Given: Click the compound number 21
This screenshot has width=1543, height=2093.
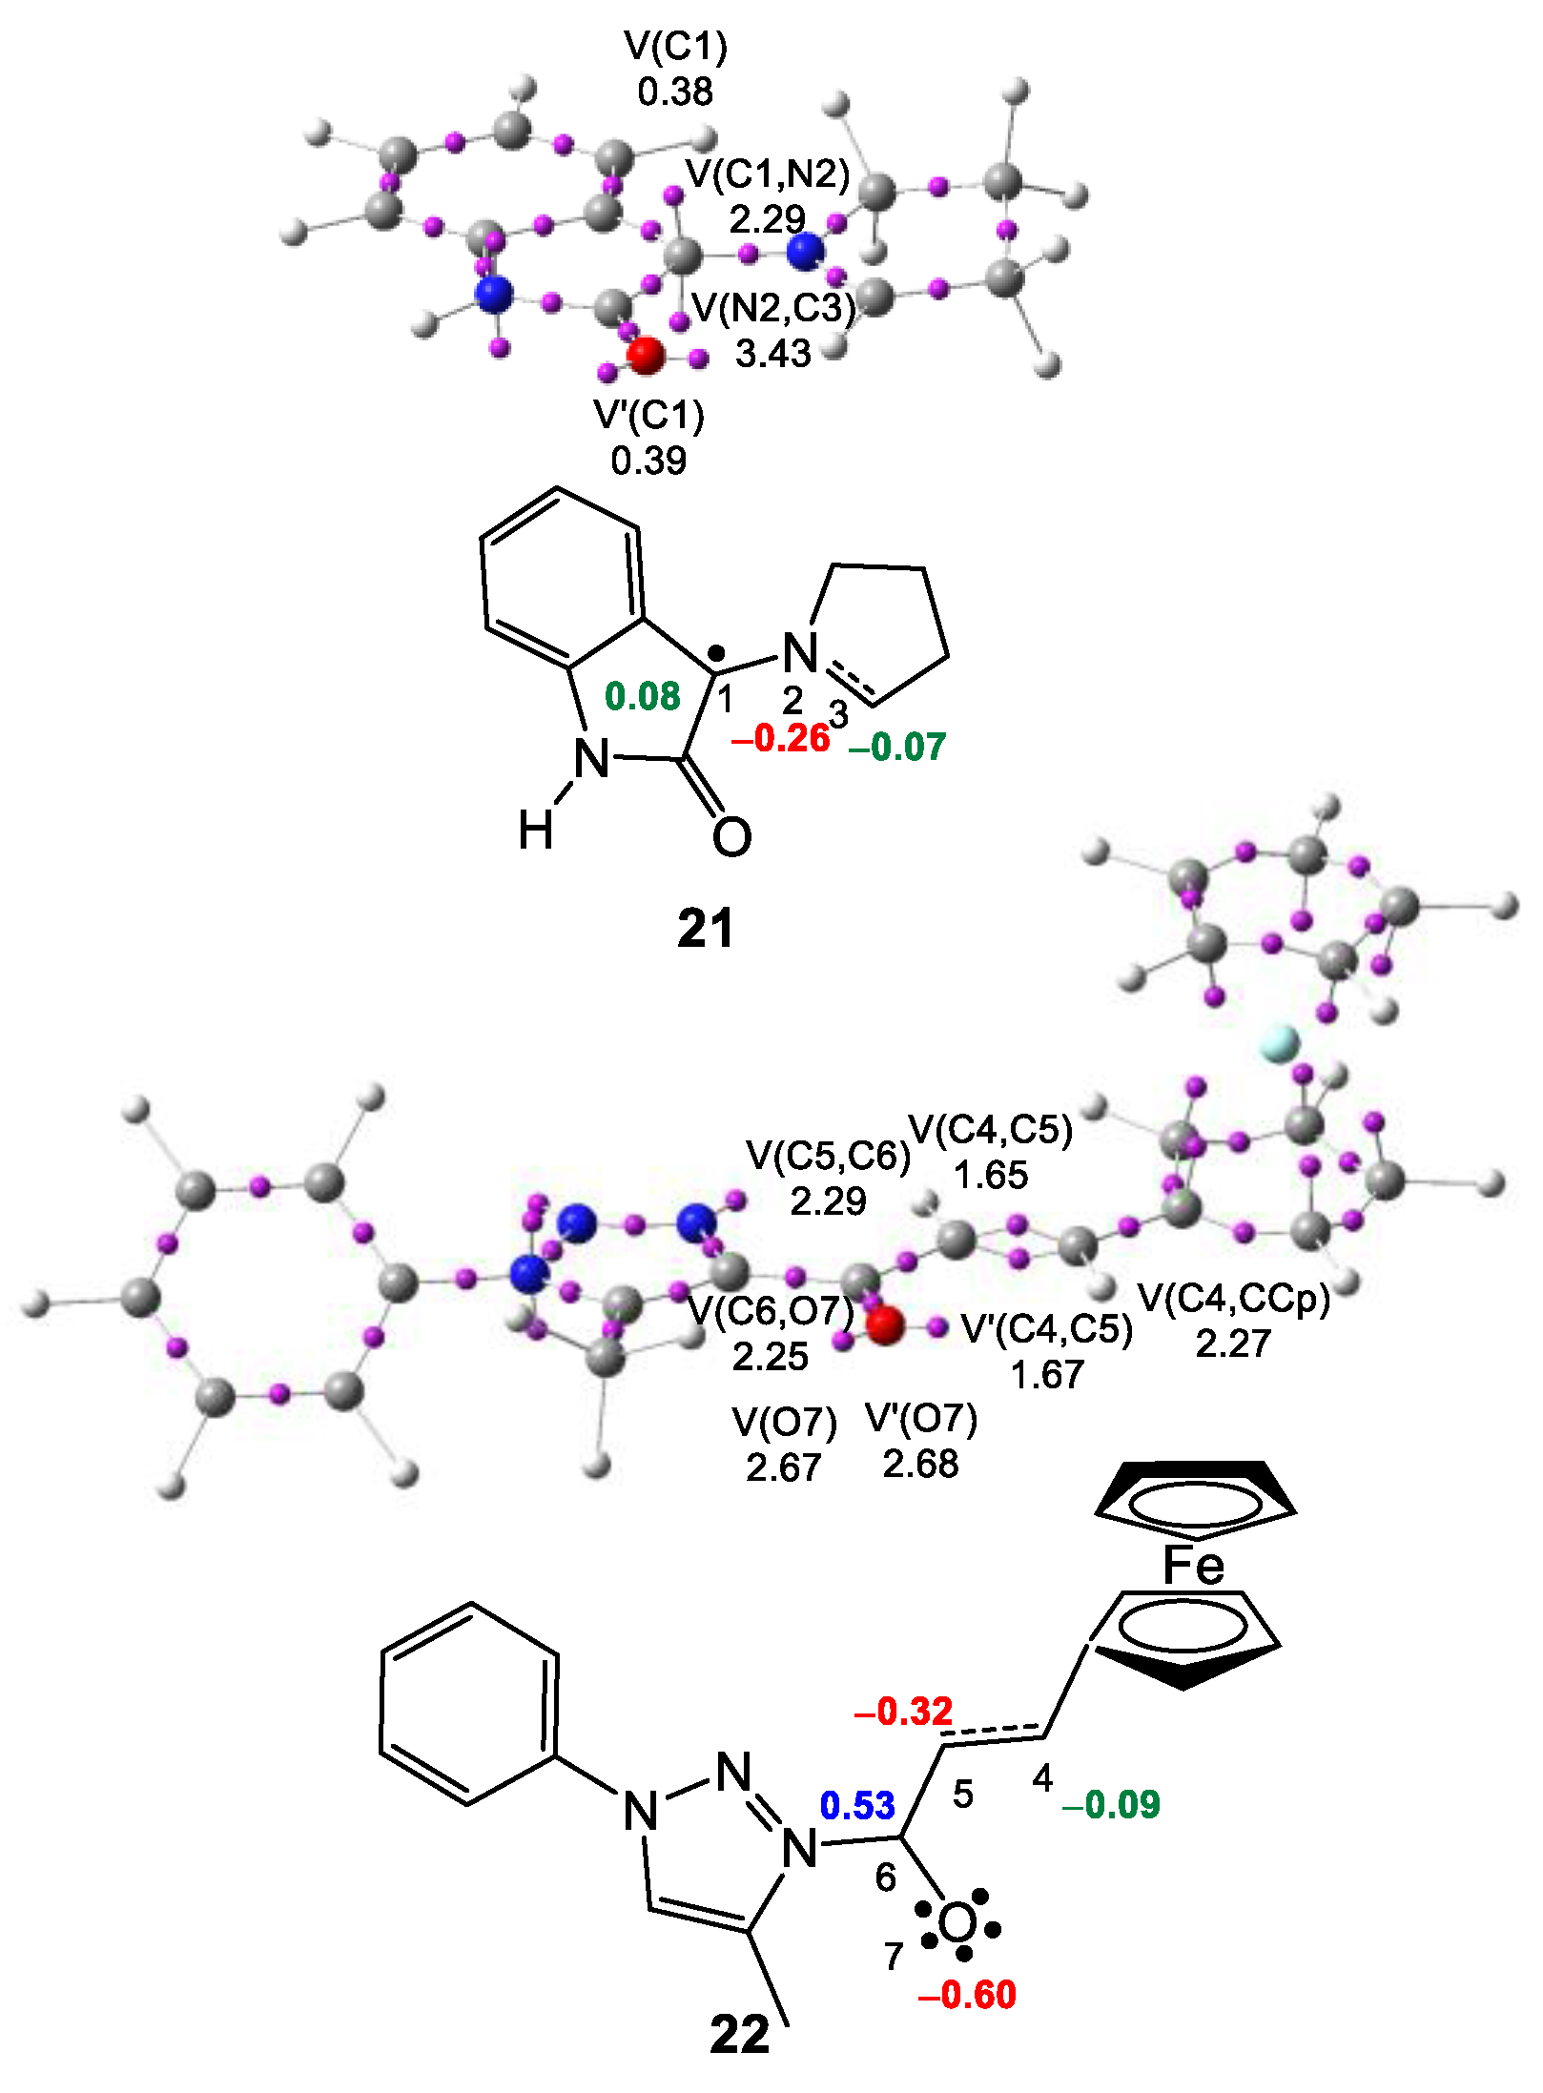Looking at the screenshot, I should click(706, 928).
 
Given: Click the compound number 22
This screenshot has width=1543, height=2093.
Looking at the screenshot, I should click(739, 2035).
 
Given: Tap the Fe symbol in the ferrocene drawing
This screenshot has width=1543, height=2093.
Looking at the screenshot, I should click(1193, 1565).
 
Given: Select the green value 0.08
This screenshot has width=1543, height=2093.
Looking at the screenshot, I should click(643, 696).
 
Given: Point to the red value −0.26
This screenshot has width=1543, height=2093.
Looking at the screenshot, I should click(780, 737).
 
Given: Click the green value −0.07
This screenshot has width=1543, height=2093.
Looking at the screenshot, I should click(896, 747).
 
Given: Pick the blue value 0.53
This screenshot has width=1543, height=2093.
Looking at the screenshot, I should click(857, 1805).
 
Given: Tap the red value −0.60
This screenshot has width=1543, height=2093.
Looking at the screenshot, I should click(966, 1995).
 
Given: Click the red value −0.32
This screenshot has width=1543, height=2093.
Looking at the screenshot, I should click(903, 1712).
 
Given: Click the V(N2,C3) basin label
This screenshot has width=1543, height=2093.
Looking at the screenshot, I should click(773, 308).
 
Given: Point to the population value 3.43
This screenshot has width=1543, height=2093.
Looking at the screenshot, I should click(772, 354).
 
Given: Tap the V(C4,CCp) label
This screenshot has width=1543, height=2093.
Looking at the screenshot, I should click(1234, 1298).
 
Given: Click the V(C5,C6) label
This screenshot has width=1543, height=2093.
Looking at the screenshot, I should click(829, 1155).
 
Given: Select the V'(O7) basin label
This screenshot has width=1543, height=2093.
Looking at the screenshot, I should click(921, 1419).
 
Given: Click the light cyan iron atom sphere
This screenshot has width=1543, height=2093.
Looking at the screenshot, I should click(1278, 1043).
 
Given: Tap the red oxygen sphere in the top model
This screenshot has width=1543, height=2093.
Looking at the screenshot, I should click(646, 355).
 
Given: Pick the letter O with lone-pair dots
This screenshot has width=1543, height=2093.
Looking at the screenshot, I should click(957, 1924).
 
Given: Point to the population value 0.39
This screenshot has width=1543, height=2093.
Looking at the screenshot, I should click(648, 461).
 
